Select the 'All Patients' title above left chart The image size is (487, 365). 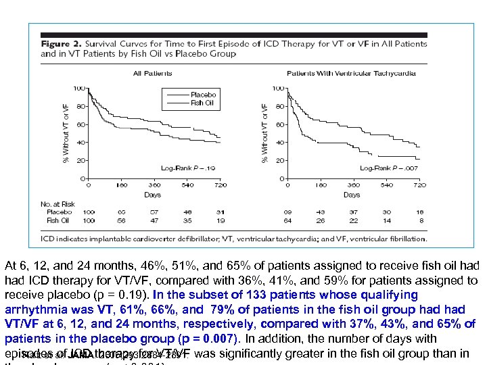(x=152, y=73)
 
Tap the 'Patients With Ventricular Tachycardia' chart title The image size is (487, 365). (x=351, y=73)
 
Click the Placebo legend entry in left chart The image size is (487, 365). (x=203, y=95)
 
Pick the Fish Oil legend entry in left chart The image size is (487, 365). (x=202, y=103)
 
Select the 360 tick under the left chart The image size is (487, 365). (x=154, y=185)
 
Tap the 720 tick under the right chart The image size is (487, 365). (x=419, y=185)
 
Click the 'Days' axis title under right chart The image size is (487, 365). (x=351, y=195)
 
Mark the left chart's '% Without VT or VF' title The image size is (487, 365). (x=66, y=132)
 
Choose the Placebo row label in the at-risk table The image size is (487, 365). (x=59, y=212)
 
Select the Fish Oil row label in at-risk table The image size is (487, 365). (x=59, y=220)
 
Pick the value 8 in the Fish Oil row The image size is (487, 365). (x=419, y=220)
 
